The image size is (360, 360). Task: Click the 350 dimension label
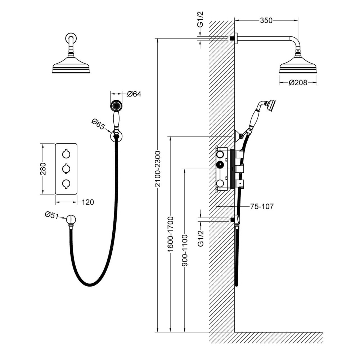click(x=266, y=21)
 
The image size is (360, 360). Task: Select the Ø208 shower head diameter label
click(x=298, y=83)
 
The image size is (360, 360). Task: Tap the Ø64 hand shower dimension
click(x=134, y=94)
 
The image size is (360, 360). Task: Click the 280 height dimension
click(x=43, y=168)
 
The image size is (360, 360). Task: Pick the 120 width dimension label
click(x=87, y=202)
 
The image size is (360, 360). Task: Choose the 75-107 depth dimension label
click(x=262, y=207)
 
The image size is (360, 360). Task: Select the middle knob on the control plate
click(x=66, y=168)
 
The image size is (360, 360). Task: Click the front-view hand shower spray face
click(x=116, y=106)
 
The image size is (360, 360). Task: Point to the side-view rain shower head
click(x=298, y=66)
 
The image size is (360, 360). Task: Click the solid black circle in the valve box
click(x=219, y=165)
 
